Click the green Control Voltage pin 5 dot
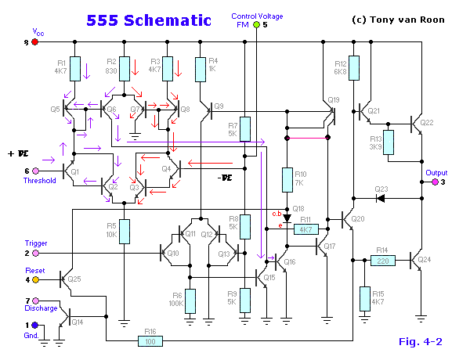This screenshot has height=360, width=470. coord(256,24)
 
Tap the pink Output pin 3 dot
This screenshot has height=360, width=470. coord(436,182)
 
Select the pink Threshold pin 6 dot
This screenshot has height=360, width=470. coord(34,171)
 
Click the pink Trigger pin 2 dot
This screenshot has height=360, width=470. coord(34,254)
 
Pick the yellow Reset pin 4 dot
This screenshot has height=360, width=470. coord(34,279)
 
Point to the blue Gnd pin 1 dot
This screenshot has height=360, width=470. coord(34,325)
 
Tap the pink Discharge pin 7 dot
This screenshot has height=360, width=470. coord(34,301)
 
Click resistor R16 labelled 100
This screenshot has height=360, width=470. coord(150,340)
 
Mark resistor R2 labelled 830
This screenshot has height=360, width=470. coord(123,68)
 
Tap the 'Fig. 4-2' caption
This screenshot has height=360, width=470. coord(421,341)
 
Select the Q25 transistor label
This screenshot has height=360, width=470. coord(74,279)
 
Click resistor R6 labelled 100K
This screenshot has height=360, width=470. coord(190,300)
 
